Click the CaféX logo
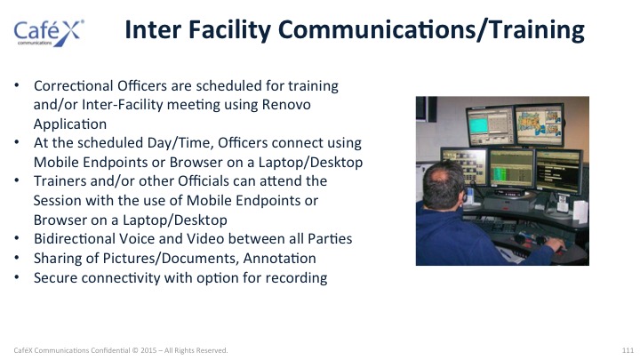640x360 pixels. click(49, 33)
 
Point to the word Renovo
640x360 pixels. click(286, 105)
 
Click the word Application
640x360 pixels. click(70, 124)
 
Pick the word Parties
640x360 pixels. click(330, 238)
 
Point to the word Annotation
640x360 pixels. click(280, 259)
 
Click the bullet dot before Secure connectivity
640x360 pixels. click(17, 277)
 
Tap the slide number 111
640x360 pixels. click(628, 350)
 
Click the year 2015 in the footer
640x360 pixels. click(148, 350)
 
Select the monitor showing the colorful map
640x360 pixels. click(540, 125)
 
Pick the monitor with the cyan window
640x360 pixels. click(491, 126)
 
